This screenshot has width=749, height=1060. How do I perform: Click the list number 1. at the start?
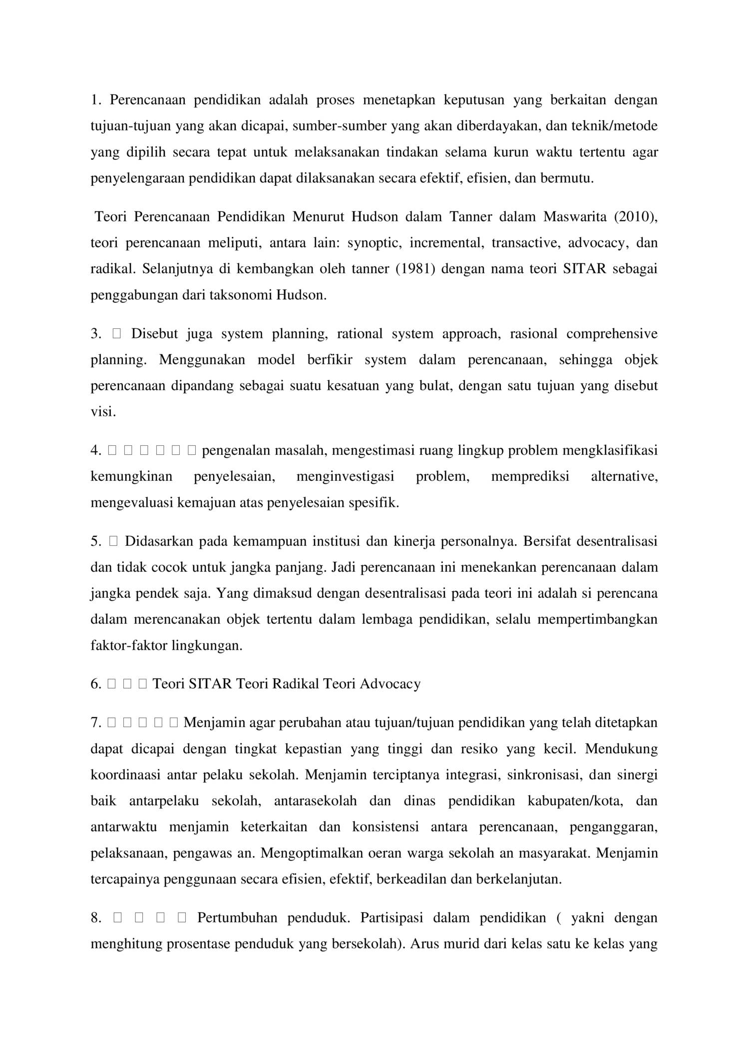pos(96,100)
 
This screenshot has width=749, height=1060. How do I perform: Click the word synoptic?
pos(374,243)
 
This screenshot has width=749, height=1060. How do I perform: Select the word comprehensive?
pos(612,334)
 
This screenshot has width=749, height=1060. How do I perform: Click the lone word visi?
pos(103,412)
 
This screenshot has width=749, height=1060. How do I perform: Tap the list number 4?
pos(96,451)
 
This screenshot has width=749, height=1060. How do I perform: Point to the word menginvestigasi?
pos(345,477)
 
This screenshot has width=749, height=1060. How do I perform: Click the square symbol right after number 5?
pos(113,541)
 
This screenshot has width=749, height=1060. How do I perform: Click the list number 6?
pos(96,684)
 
